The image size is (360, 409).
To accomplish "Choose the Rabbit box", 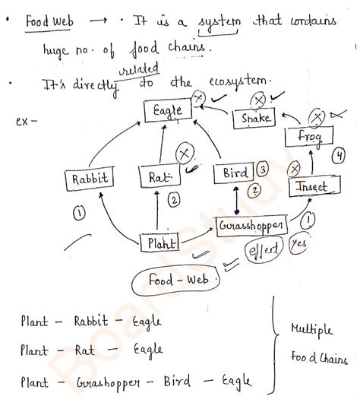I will [x=90, y=180].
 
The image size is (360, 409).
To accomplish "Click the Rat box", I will [x=159, y=179].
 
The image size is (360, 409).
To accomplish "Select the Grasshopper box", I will [x=251, y=227].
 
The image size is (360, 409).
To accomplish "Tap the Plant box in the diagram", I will [x=160, y=243].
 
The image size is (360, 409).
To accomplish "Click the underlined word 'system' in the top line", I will [x=217, y=24].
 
